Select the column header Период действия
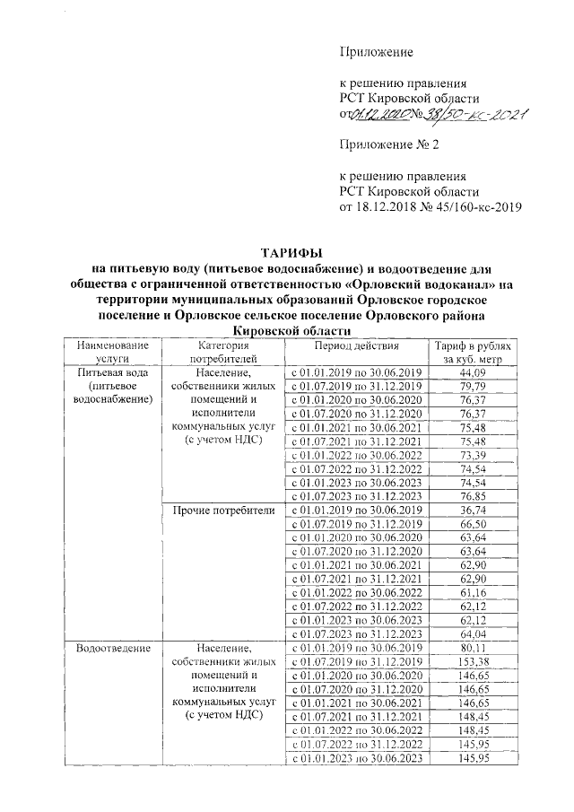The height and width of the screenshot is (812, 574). point(358,345)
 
